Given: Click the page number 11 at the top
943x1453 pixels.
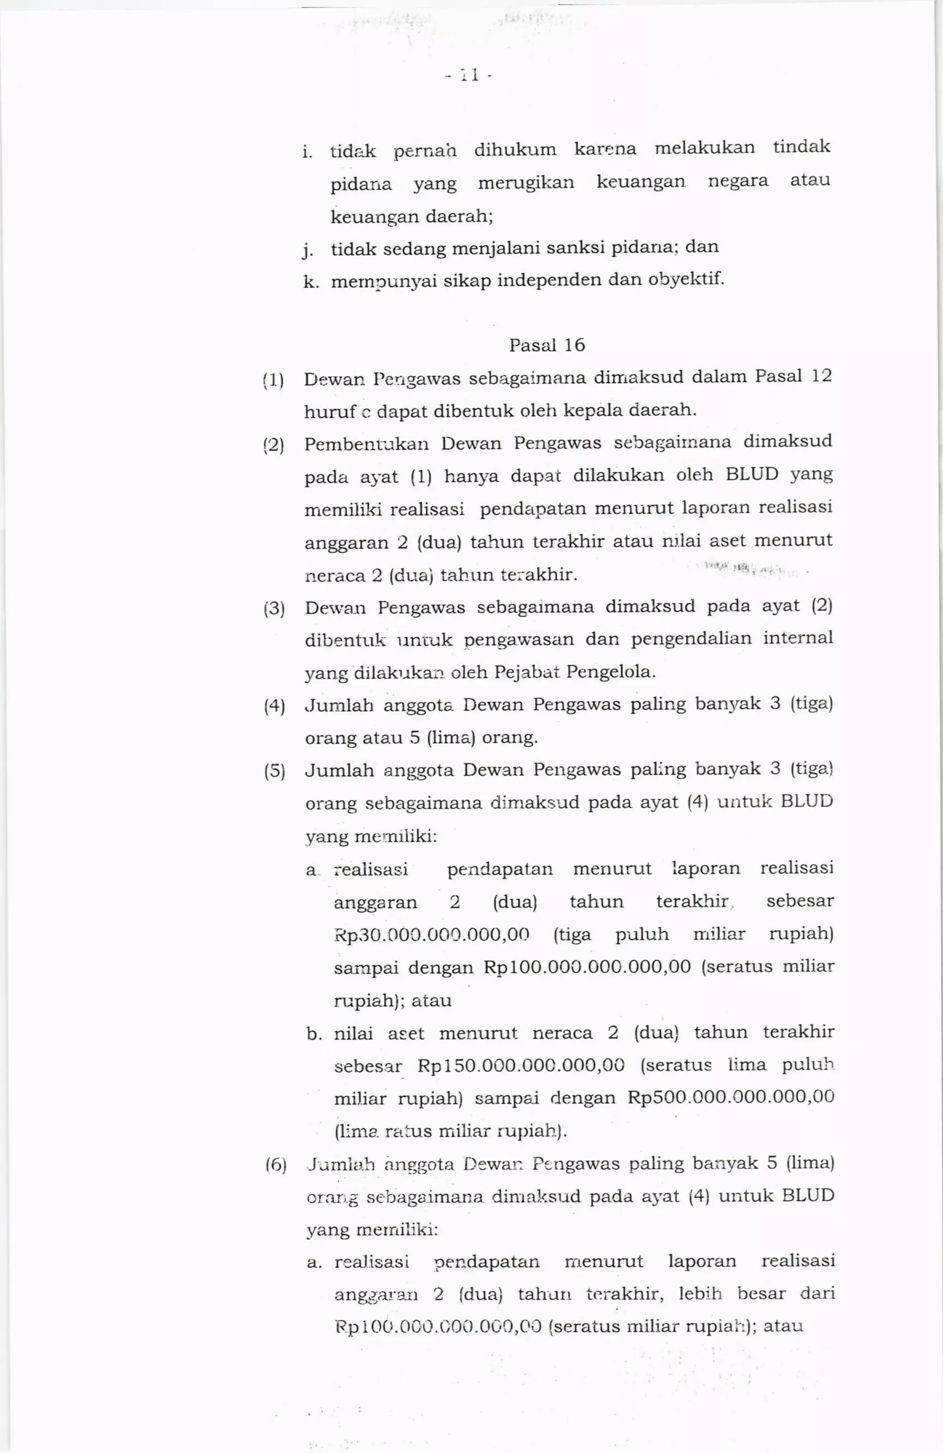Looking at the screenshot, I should tap(468, 76).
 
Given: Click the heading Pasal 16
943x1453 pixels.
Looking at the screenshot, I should tap(547, 346).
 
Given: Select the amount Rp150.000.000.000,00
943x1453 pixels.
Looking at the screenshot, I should tap(521, 1065).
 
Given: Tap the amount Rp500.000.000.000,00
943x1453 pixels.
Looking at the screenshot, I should tap(730, 1097).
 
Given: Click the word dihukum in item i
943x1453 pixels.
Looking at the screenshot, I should tap(515, 150).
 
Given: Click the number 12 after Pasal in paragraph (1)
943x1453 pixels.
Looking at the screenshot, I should tap(821, 376).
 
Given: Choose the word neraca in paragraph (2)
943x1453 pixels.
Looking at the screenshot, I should tap(332, 575).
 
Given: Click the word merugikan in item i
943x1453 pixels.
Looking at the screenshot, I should tap(526, 182).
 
